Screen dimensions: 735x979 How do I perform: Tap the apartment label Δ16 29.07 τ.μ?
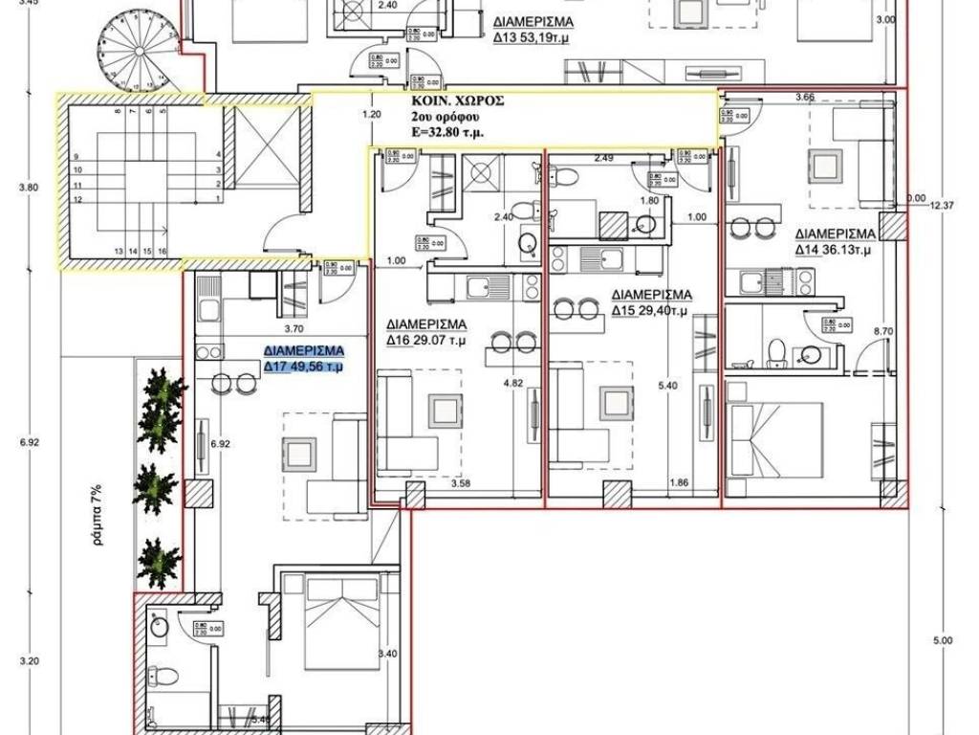(425, 339)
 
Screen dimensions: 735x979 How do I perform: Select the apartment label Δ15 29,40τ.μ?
(650, 310)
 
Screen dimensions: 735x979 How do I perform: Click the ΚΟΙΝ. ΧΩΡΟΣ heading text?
(458, 100)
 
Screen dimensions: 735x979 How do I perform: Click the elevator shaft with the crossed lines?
(264, 149)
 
